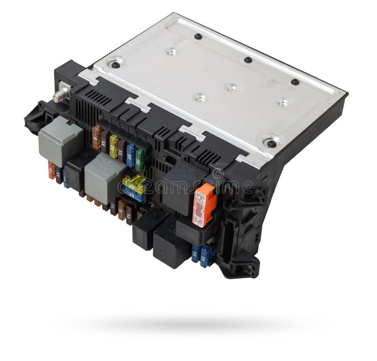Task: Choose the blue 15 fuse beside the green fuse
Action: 131,155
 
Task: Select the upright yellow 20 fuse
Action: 114,146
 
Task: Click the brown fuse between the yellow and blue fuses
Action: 122,150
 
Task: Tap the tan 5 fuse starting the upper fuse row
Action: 97,137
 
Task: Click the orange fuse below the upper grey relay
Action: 51,170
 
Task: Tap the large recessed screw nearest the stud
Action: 115,64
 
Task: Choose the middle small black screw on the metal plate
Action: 248,60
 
